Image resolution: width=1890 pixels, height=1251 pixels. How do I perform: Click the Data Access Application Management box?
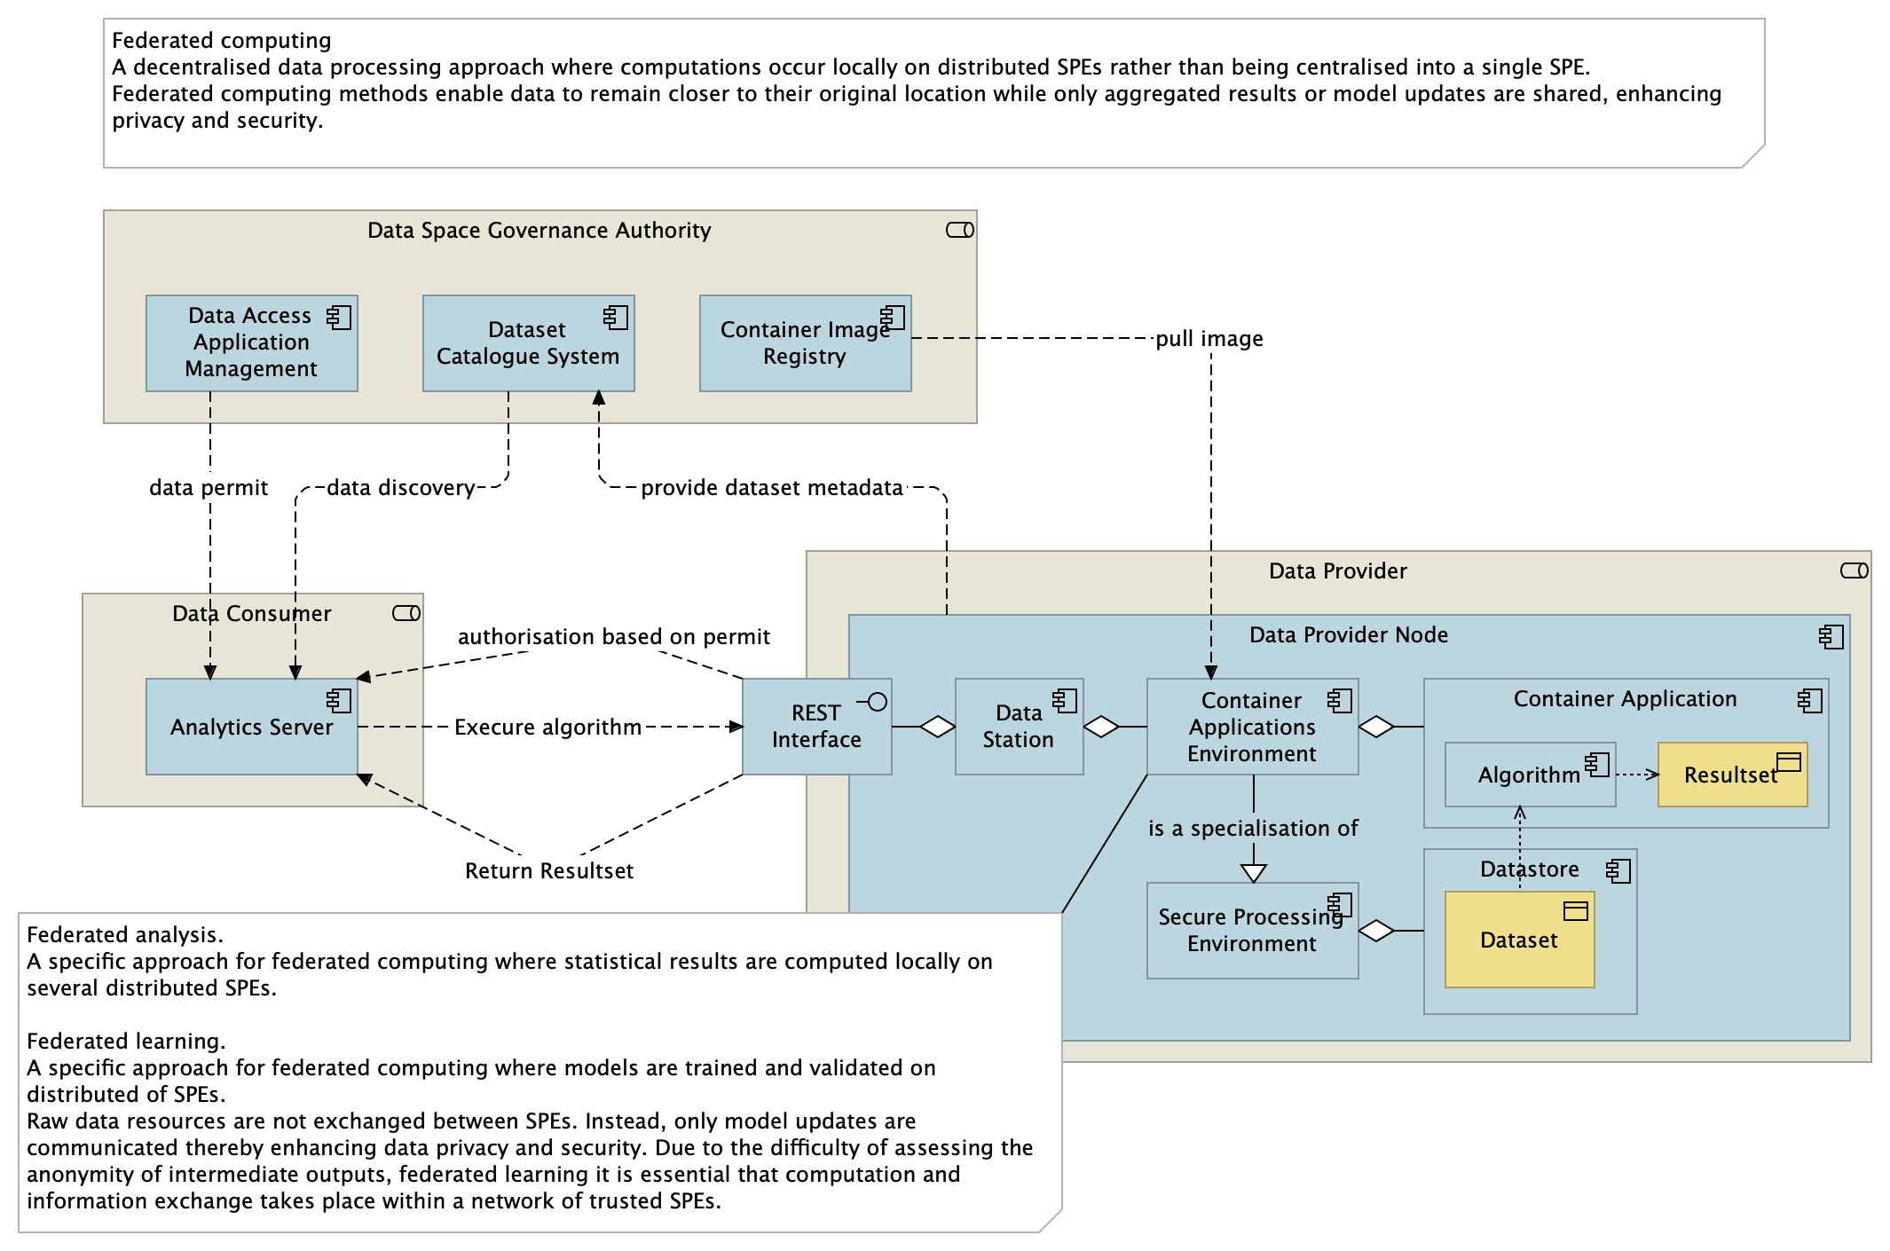pyautogui.click(x=251, y=343)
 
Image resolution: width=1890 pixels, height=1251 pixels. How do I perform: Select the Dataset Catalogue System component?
pyautogui.click(x=528, y=343)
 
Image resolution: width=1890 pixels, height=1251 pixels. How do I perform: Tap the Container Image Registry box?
pyautogui.click(x=805, y=343)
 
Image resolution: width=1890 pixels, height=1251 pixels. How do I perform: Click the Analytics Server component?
pyautogui.click(x=251, y=727)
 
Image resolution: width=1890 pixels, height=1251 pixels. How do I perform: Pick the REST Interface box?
pyautogui.click(x=816, y=727)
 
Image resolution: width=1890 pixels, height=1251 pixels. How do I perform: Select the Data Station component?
pyautogui.click(x=1019, y=727)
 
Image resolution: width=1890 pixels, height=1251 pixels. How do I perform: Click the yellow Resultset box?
pyautogui.click(x=1731, y=775)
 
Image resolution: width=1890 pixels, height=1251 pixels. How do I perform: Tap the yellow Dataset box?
pyautogui.click(x=1519, y=940)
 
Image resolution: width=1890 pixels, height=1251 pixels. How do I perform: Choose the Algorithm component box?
pyautogui.click(x=1529, y=775)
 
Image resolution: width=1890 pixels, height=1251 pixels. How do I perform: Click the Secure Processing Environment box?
pyautogui.click(x=1252, y=931)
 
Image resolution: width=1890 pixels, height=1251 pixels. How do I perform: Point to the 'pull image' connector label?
pyautogui.click(x=1209, y=339)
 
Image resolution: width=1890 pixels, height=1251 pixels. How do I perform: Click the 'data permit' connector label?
pyautogui.click(x=209, y=488)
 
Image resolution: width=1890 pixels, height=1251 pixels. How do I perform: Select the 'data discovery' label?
pyautogui.click(x=400, y=488)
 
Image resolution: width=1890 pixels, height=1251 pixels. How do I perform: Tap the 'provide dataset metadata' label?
pyautogui.click(x=771, y=488)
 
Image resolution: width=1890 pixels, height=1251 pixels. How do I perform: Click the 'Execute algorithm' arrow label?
pyautogui.click(x=547, y=728)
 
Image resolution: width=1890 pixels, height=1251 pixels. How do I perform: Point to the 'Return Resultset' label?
pyautogui.click(x=549, y=871)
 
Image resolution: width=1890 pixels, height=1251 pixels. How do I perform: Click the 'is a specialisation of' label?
pyautogui.click(x=1252, y=829)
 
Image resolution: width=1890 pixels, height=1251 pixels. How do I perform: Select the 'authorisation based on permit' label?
pyautogui.click(x=613, y=637)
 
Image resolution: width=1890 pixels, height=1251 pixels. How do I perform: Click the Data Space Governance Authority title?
pyautogui.click(x=539, y=231)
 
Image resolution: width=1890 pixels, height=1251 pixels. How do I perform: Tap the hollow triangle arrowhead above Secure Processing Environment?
pyautogui.click(x=1253, y=873)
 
